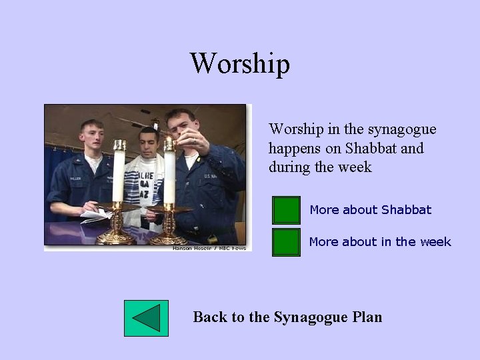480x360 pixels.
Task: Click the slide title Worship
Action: (240, 64)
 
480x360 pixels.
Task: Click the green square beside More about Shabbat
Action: (287, 210)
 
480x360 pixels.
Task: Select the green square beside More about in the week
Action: (287, 242)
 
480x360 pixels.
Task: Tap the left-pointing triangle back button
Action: (147, 318)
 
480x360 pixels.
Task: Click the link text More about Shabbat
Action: (370, 210)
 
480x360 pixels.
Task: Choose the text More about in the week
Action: (380, 242)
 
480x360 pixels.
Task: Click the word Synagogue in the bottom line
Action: (309, 317)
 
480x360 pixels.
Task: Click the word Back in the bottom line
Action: (210, 317)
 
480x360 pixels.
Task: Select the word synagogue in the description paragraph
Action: (401, 129)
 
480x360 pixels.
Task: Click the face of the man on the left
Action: (91, 138)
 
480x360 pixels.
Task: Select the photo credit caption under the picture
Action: (209, 248)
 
